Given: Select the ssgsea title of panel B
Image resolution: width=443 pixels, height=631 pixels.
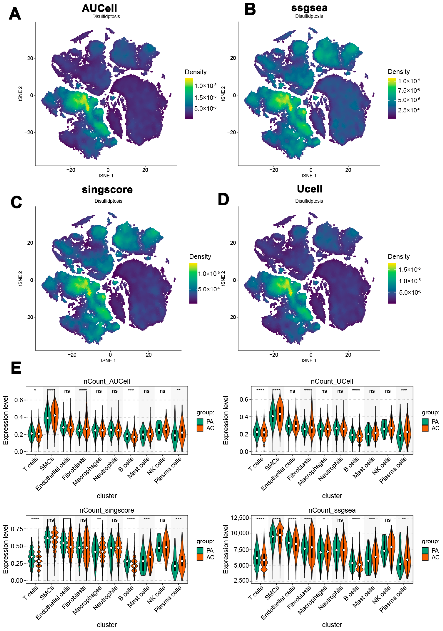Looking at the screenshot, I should coord(309,8).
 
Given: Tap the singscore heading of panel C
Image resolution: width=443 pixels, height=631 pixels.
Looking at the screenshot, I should coord(107,190).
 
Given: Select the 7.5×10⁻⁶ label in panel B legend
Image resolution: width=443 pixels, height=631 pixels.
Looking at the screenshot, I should coord(409,90).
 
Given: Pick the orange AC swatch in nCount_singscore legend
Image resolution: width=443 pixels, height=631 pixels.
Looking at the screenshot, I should coord(200,557).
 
